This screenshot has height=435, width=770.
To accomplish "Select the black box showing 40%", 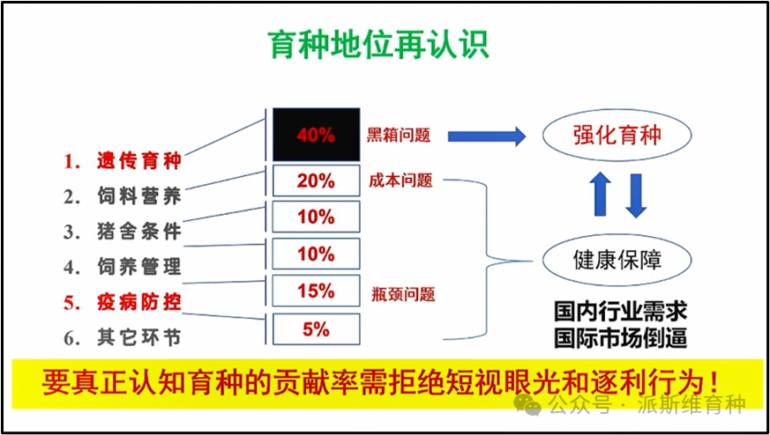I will (x=316, y=136).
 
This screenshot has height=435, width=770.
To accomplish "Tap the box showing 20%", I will (x=316, y=181).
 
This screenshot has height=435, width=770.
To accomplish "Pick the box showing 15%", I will (x=316, y=291).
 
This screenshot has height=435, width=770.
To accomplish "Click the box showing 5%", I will (x=316, y=329).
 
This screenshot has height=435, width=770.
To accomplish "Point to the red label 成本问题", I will (x=401, y=181).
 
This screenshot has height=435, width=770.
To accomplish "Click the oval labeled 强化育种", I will (x=617, y=136).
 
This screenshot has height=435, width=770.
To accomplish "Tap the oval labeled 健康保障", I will (x=617, y=260).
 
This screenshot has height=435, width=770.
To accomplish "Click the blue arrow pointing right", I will (x=485, y=136).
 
